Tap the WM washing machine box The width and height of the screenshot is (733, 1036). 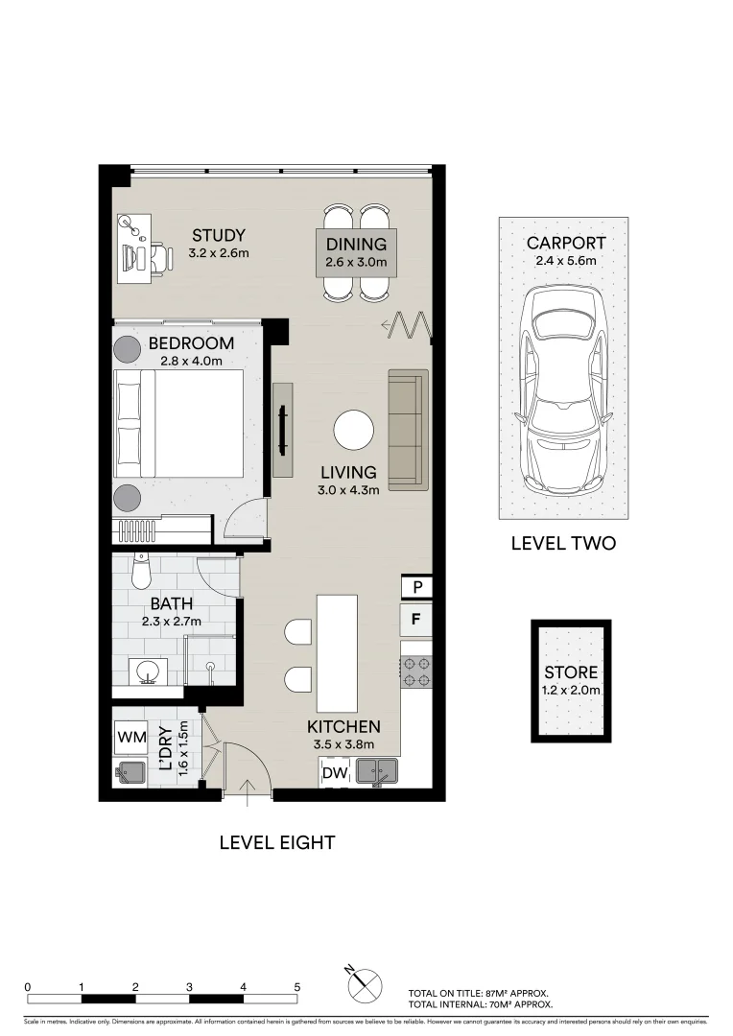click(x=130, y=738)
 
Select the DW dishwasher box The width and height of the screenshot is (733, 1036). click(x=334, y=772)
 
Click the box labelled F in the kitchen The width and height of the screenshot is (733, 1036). click(x=415, y=619)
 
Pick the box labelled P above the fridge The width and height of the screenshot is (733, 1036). click(x=416, y=586)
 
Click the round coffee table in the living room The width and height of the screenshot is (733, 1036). click(x=354, y=429)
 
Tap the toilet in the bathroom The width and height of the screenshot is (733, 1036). click(x=141, y=573)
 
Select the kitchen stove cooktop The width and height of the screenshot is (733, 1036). click(x=416, y=671)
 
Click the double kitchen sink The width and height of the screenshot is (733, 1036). click(x=377, y=770)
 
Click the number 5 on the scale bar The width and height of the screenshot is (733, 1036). click(x=297, y=986)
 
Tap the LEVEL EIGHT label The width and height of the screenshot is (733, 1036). click(x=277, y=843)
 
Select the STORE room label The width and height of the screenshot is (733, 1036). click(x=571, y=672)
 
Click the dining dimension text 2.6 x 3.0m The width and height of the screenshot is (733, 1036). click(x=356, y=261)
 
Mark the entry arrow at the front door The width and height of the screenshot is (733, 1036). click(x=248, y=789)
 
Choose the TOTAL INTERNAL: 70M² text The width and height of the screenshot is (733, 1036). click(x=480, y=1004)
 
